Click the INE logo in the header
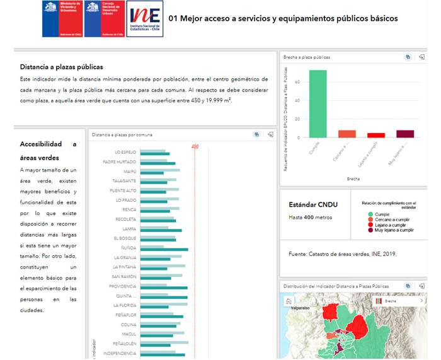[144, 18]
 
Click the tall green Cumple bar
[318, 103]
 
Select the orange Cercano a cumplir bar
[347, 134]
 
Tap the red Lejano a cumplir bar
[376, 135]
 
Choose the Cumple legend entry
[381, 214]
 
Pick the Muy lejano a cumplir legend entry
[391, 230]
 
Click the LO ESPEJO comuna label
[125, 152]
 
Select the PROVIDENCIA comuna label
[123, 286]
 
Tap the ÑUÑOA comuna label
[129, 248]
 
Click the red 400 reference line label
[195, 147]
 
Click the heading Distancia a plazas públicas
[61, 67]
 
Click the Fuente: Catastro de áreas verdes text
[343, 254]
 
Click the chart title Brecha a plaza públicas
[307, 57]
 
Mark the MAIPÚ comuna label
[130, 171]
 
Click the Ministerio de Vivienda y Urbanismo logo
[62, 18]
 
